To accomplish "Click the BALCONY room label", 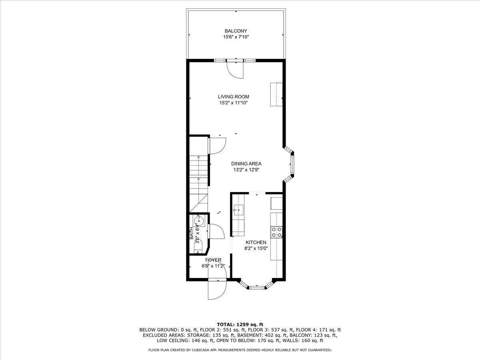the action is click(236, 31).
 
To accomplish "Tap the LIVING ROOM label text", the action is click(233, 97).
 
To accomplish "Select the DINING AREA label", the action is click(246, 164).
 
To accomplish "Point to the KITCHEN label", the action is click(256, 242).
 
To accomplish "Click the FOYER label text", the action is click(213, 260).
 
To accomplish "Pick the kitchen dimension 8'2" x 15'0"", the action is click(256, 248).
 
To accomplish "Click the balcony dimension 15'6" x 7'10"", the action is click(236, 37).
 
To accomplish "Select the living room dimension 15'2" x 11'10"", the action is click(233, 103).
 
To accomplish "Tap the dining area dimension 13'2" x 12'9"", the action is click(246, 170).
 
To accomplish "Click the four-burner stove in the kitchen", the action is click(276, 232).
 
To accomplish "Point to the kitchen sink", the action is click(238, 210).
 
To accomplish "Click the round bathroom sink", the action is click(199, 221).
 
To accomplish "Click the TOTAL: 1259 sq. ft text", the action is click(240, 324).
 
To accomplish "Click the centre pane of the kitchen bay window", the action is click(256, 288).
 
